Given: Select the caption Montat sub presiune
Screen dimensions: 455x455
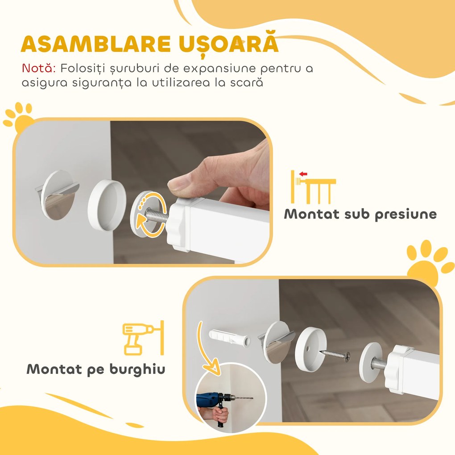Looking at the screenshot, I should coord(360,214).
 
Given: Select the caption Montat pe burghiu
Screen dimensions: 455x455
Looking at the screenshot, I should coord(96,369).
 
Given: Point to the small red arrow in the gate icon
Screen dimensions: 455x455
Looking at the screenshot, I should coord(304,174).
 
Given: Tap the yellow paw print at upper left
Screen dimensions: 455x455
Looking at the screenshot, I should coord(20,117).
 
